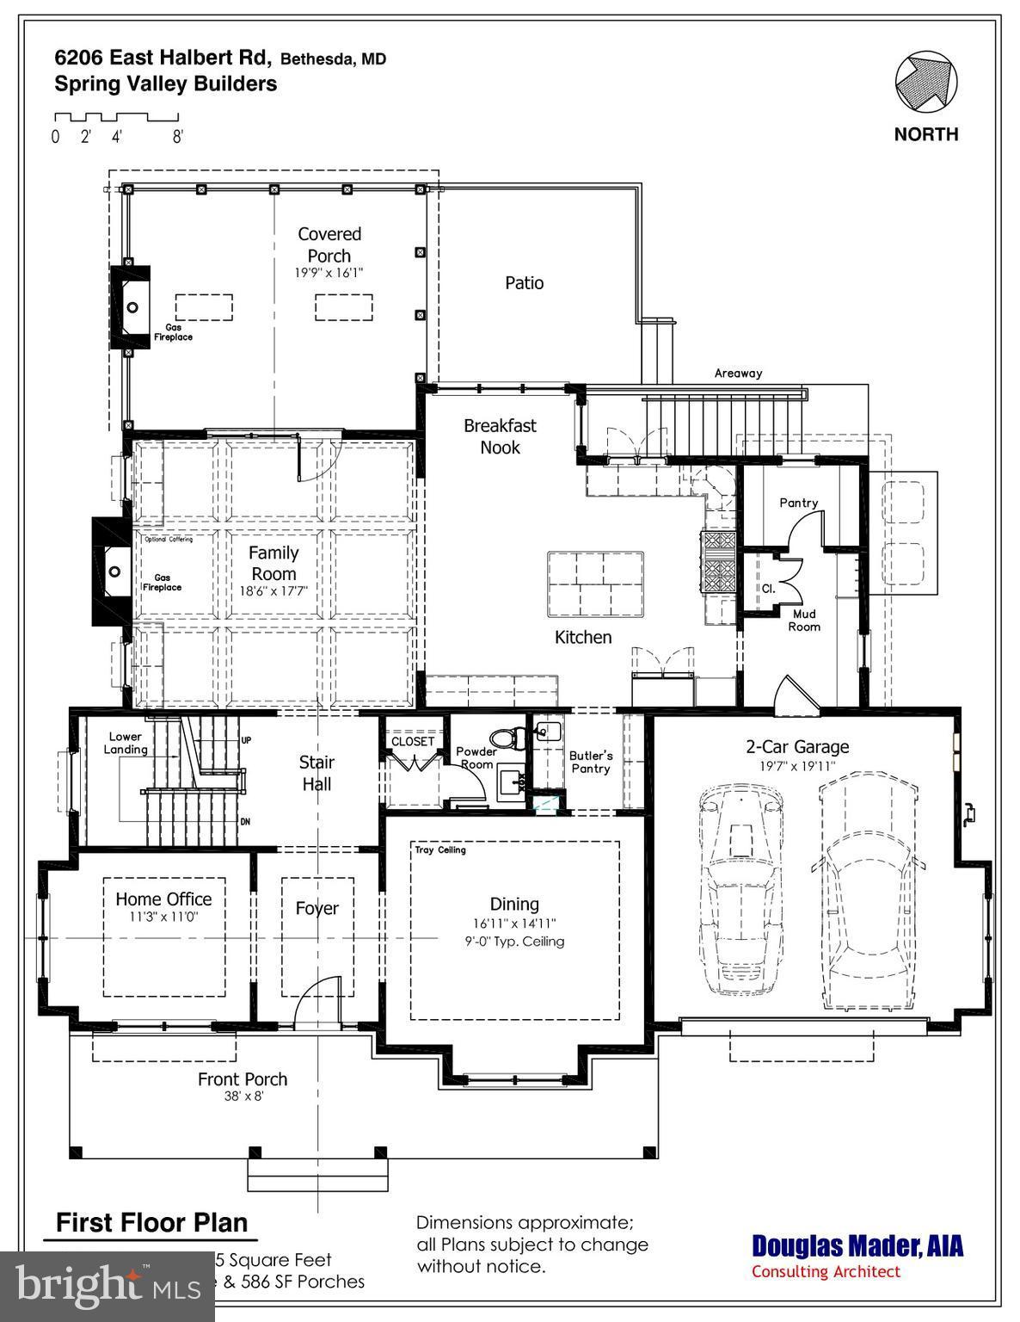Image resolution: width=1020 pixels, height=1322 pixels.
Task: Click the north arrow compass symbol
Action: [925, 83]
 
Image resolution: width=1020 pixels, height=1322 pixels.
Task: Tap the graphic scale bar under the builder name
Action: [115, 117]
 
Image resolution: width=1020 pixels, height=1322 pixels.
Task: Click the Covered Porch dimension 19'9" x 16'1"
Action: [329, 273]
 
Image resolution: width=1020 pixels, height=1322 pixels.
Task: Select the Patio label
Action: [524, 283]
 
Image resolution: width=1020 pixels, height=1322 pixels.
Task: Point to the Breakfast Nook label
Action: [500, 436]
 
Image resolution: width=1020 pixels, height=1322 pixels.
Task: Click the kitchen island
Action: [594, 584]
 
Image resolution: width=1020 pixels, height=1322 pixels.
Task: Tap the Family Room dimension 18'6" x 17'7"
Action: [273, 591]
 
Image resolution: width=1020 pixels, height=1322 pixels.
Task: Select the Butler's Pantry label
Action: [591, 762]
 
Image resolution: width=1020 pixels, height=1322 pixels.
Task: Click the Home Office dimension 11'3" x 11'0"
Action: [163, 917]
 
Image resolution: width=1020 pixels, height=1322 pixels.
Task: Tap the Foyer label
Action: [317, 908]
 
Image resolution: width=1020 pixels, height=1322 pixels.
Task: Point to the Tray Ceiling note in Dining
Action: [440, 850]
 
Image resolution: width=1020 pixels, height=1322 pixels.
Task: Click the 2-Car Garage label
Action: [797, 747]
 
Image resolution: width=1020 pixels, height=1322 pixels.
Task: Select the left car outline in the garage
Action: [740, 895]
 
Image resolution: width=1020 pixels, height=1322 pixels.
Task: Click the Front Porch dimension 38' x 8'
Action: [243, 1097]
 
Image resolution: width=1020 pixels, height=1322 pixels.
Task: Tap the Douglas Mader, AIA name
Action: [857, 1246]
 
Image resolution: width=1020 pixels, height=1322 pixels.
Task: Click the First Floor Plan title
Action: [151, 1222]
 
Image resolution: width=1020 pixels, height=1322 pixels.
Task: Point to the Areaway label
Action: [738, 374]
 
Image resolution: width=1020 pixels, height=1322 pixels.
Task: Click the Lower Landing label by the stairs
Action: [126, 744]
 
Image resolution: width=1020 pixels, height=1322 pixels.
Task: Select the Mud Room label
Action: [805, 621]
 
